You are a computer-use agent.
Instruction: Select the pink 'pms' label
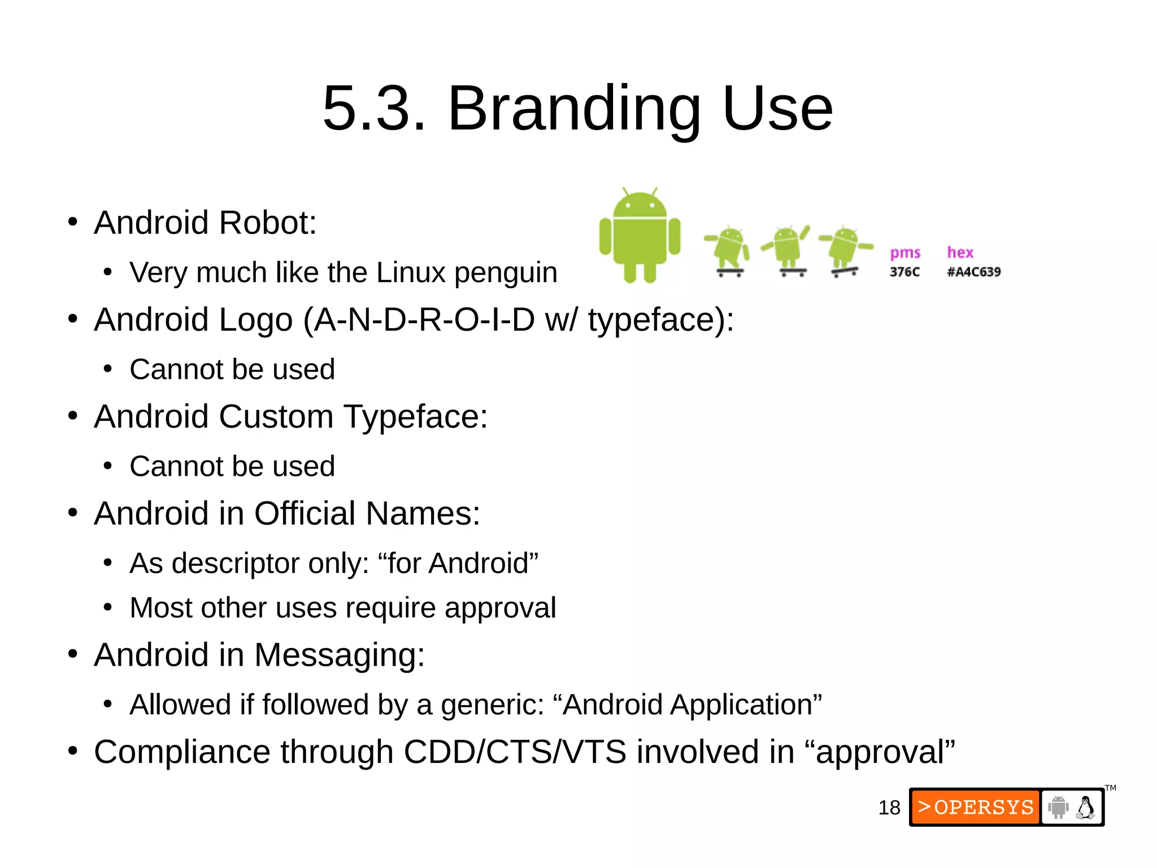click(905, 253)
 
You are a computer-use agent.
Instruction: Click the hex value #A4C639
click(973, 272)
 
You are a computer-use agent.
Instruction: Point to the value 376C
click(904, 272)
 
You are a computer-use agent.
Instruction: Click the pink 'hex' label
click(960, 253)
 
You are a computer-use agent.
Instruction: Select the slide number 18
click(889, 808)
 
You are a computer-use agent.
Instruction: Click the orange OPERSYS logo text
click(976, 807)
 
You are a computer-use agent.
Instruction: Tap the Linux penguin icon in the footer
click(1085, 808)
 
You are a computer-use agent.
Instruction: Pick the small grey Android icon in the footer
click(1058, 807)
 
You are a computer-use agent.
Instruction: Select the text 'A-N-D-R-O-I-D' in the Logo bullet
click(424, 320)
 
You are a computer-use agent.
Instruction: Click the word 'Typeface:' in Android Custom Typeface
click(416, 417)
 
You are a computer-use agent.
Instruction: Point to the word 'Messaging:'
click(339, 656)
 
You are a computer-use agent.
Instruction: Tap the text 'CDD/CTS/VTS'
click(515, 752)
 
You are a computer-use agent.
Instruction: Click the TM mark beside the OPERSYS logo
click(1110, 788)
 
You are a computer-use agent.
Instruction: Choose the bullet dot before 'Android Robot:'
click(72, 222)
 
